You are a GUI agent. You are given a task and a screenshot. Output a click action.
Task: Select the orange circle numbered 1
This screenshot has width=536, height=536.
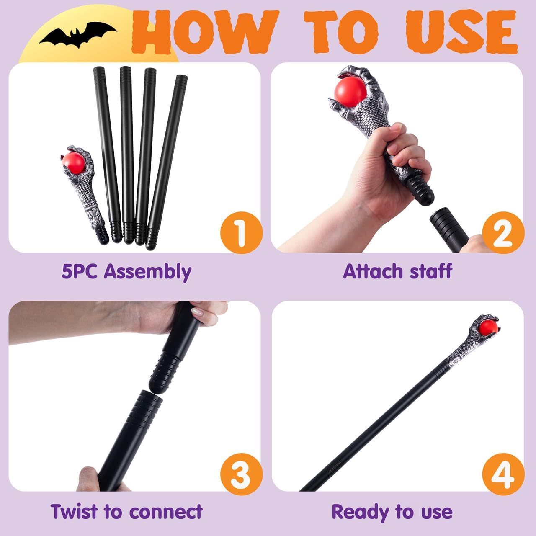[x=241, y=232]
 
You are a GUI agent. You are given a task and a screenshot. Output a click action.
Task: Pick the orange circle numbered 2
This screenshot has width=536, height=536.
[x=502, y=232]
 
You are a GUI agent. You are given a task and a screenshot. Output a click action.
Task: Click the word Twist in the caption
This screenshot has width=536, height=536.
[x=74, y=512]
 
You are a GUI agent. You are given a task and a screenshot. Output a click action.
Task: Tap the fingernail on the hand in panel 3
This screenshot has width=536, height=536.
[x=198, y=312]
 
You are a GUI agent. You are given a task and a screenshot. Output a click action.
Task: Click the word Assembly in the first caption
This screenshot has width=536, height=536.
[x=147, y=271]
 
